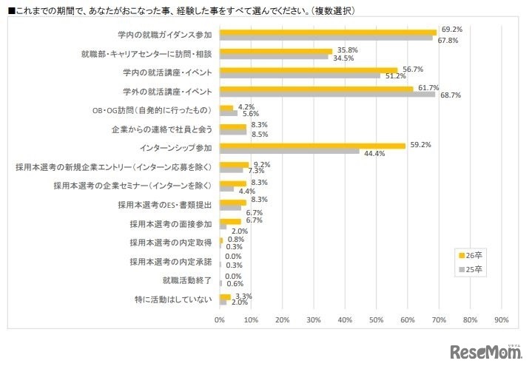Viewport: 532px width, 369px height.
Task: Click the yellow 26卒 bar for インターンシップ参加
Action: (312, 146)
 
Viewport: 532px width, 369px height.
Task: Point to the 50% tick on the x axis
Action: (376, 320)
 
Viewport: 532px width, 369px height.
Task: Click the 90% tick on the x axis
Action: (501, 320)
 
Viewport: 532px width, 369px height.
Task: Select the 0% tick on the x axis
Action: (220, 320)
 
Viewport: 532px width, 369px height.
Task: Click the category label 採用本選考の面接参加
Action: (171, 223)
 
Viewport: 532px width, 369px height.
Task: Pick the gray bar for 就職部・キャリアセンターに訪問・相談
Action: (274, 57)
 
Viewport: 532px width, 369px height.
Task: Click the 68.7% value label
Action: (450, 95)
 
